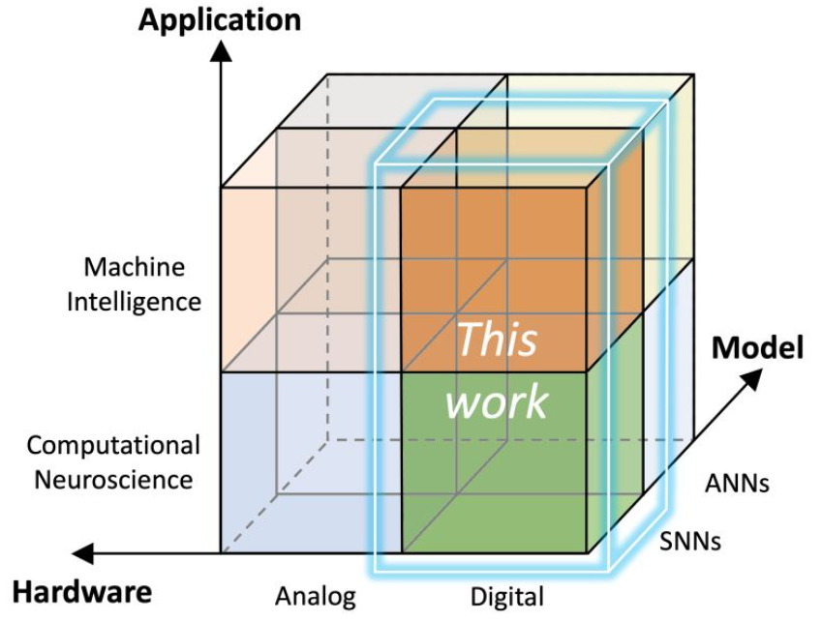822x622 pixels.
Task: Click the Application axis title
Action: pyautogui.click(x=220, y=19)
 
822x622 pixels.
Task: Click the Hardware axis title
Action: pyautogui.click(x=81, y=591)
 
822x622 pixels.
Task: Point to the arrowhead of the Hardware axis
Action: pyautogui.click(x=83, y=553)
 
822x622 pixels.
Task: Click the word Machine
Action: pyautogui.click(x=134, y=266)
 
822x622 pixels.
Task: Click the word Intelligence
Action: pyautogui.click(x=134, y=301)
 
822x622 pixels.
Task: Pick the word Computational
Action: pyautogui.click(x=113, y=446)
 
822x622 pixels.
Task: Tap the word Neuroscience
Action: pyautogui.click(x=113, y=480)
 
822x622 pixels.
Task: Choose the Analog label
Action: pyautogui.click(x=316, y=595)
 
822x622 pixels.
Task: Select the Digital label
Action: pyautogui.click(x=506, y=596)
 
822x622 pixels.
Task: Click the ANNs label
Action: pyautogui.click(x=737, y=482)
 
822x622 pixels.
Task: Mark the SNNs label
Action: pyautogui.click(x=688, y=540)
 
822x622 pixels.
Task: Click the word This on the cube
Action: pyautogui.click(x=497, y=340)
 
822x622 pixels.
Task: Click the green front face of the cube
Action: pyautogui.click(x=494, y=484)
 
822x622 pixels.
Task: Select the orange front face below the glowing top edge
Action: pyautogui.click(x=494, y=252)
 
